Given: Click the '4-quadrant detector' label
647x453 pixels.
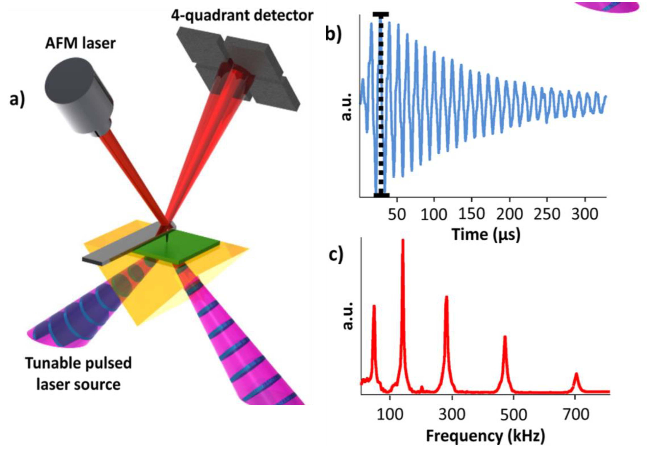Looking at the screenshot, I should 242,15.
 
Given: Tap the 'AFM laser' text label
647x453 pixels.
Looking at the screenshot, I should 80,44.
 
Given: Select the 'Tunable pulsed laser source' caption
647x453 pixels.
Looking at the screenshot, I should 78,373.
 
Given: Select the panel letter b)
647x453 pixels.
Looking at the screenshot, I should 333,34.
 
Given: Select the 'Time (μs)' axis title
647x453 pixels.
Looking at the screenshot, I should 486,234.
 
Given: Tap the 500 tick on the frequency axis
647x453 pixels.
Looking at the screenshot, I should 514,415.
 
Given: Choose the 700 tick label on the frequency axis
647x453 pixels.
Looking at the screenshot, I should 576,415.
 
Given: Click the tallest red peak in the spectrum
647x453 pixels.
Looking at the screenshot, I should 403,242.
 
